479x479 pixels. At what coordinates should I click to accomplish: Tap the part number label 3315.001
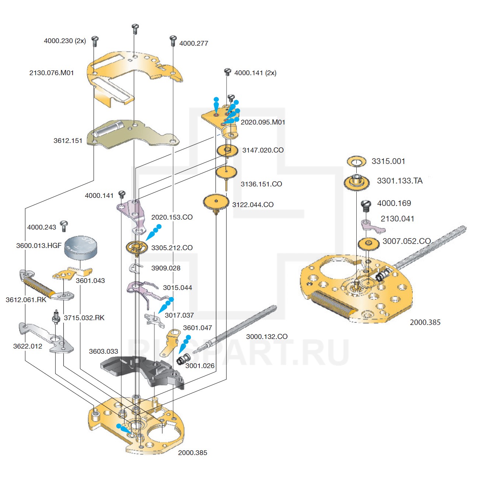[388, 161]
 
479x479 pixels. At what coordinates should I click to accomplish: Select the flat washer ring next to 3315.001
[357, 161]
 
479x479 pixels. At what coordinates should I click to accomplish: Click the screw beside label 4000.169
[366, 205]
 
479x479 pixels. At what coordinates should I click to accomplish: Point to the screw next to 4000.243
[64, 225]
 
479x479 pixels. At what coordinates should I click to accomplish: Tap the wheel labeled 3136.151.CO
[226, 172]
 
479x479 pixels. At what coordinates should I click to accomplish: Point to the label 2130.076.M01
[52, 73]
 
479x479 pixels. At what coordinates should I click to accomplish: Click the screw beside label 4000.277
[173, 40]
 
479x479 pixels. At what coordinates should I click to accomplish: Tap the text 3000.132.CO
[267, 337]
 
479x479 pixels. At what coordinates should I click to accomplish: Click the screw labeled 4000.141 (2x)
[227, 72]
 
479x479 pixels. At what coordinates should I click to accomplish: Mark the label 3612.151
[68, 141]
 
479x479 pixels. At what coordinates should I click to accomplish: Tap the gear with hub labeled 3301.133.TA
[357, 182]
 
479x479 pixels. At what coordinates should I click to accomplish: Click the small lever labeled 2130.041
[371, 226]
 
